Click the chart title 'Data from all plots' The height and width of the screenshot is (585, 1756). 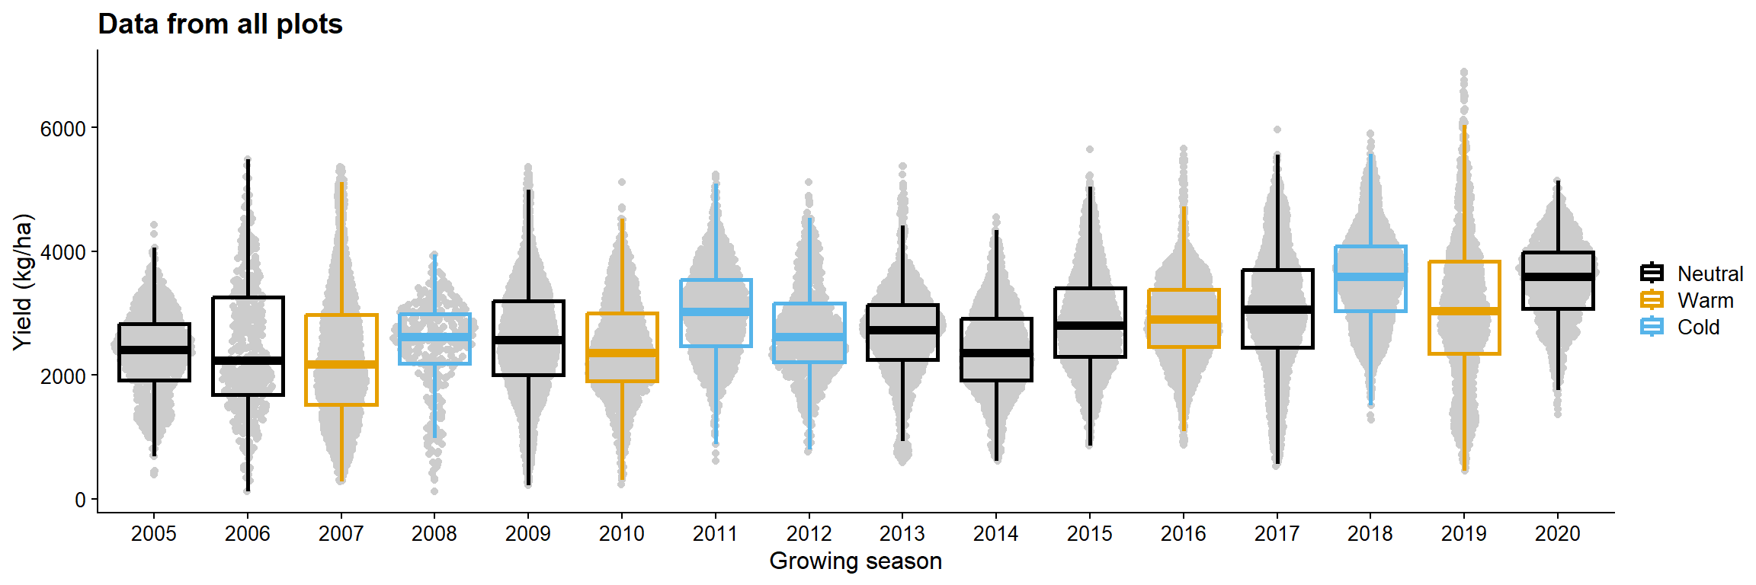[x=220, y=24]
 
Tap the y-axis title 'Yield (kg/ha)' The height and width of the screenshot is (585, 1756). [x=23, y=282]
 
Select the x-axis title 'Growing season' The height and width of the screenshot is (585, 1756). [x=855, y=561]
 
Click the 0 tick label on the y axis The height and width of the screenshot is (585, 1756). [x=80, y=500]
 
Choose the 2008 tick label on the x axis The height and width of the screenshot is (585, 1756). [x=434, y=534]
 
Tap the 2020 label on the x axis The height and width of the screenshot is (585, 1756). [x=1557, y=534]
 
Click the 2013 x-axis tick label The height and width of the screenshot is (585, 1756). [x=902, y=534]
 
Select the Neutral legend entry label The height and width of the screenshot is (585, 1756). [x=1710, y=274]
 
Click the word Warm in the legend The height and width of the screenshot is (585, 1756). [x=1705, y=301]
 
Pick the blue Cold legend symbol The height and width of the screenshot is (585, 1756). [x=1652, y=328]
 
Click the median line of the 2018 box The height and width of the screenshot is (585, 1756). [x=1370, y=277]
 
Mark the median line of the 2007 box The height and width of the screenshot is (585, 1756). [x=341, y=364]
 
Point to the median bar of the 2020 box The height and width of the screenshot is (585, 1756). [x=1557, y=277]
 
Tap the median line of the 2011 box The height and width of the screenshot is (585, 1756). [x=716, y=312]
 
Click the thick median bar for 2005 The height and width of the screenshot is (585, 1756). [x=154, y=350]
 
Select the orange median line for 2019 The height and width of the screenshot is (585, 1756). [x=1463, y=311]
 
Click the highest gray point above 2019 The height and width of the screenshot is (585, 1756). [x=1463, y=72]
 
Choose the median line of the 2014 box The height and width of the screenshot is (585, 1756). [x=996, y=353]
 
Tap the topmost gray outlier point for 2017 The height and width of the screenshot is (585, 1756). [x=1277, y=129]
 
